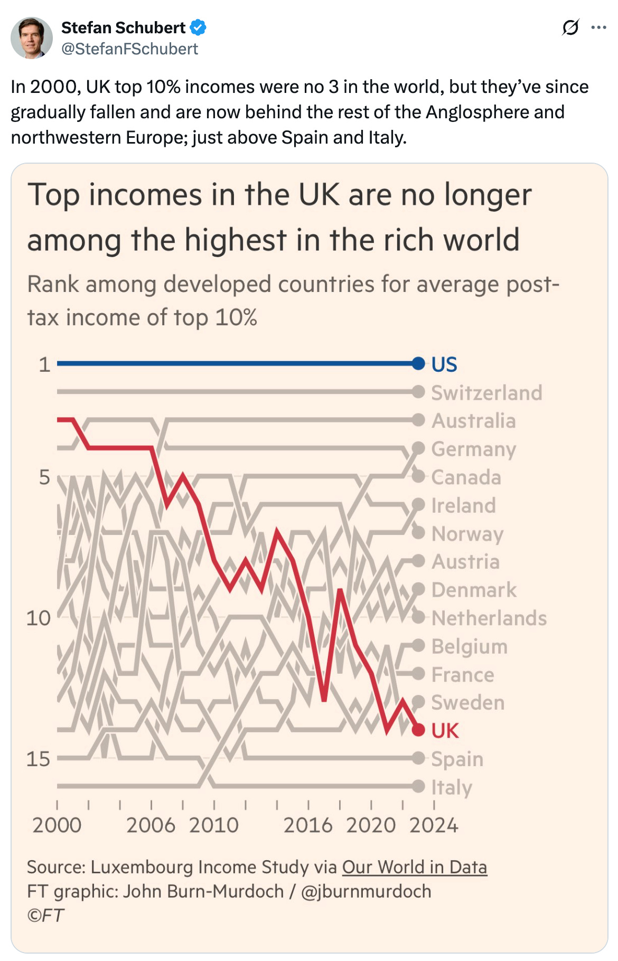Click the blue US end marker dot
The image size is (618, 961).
click(418, 363)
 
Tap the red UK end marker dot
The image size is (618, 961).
click(418, 730)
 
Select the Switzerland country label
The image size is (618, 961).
click(486, 393)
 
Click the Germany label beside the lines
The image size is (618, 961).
click(473, 449)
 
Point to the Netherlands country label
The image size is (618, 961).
click(489, 618)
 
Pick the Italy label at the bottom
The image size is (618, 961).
click(452, 787)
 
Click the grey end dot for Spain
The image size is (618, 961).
click(418, 759)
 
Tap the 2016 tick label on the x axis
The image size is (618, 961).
click(308, 825)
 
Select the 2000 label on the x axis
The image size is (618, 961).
click(57, 825)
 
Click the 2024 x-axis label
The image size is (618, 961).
click(434, 825)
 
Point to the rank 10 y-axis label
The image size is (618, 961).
click(39, 618)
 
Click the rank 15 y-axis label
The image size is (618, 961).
click(39, 759)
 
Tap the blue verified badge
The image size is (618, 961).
click(198, 27)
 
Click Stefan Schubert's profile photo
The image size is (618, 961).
click(32, 37)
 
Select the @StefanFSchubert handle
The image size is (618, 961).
click(129, 49)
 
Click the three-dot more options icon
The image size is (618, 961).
click(598, 27)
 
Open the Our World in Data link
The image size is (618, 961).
click(414, 867)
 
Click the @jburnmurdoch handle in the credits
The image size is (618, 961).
click(366, 891)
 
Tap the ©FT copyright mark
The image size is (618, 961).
click(46, 915)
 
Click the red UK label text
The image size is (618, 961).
click(445, 731)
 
